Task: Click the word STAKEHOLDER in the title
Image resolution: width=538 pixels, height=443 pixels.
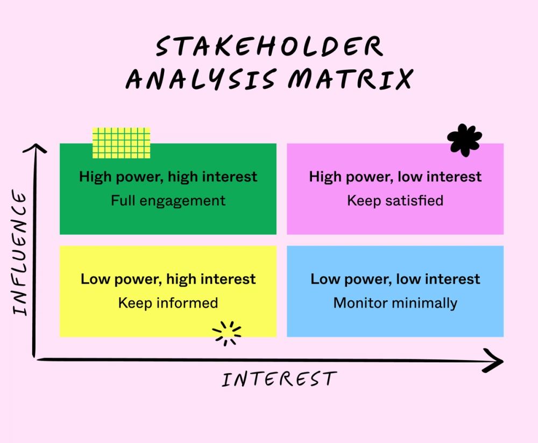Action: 270,47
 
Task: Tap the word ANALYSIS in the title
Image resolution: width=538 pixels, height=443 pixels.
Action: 202,80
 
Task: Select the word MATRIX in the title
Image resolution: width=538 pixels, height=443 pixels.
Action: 350,80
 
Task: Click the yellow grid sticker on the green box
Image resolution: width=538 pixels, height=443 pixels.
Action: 121,143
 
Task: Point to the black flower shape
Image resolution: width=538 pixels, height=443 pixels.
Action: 464,140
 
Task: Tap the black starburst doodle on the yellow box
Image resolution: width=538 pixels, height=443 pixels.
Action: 227,333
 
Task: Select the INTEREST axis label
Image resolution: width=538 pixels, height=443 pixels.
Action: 279,379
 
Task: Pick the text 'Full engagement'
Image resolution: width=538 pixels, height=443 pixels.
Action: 168,201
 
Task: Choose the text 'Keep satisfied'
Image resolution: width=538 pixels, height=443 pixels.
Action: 395,201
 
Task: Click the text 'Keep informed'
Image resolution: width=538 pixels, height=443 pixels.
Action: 168,303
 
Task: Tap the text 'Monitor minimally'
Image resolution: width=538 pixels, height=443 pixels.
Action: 395,303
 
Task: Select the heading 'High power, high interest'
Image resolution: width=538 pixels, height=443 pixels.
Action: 168,177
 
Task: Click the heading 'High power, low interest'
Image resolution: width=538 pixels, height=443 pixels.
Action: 395,177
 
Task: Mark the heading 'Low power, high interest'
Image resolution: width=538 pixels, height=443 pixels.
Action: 168,279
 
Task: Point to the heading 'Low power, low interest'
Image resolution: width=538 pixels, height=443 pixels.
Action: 395,279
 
